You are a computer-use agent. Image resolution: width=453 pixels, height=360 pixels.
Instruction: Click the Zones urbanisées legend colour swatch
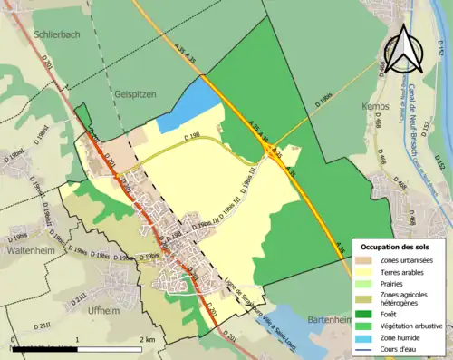368,260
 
